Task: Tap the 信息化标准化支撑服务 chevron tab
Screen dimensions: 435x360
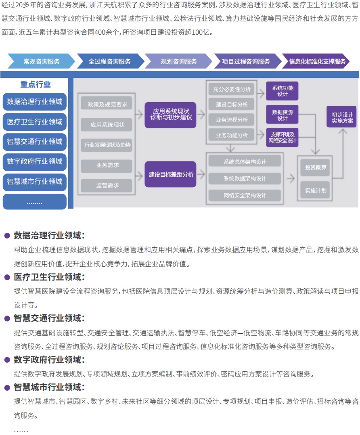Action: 317,61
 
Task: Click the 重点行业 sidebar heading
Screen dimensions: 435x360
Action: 36,84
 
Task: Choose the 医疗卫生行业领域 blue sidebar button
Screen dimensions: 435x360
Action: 35,121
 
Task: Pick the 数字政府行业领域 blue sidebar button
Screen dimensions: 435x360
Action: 35,161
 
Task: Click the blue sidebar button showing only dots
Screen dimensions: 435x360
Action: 35,202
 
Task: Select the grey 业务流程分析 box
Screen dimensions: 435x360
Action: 231,120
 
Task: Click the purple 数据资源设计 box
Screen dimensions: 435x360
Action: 282,115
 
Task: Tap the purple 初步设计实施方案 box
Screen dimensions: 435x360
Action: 342,117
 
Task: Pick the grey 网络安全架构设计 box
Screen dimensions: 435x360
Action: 245,195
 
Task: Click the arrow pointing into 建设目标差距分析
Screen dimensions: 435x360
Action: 139,175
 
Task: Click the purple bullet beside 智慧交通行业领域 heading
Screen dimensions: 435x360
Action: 7,318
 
